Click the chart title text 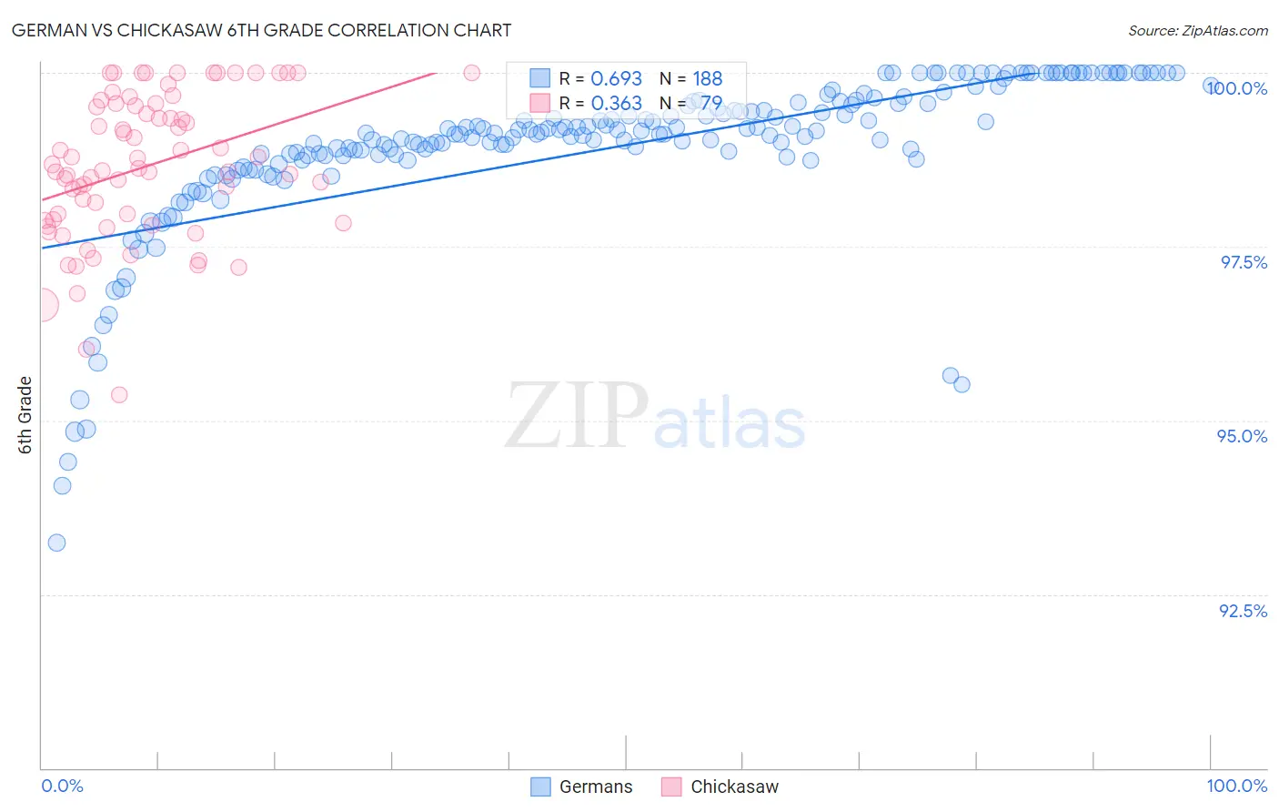[260, 30]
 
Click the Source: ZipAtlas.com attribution [1197, 30]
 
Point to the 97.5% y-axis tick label [1244, 262]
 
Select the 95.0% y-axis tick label [1243, 436]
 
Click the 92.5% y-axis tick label [1243, 611]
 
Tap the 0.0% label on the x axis [62, 786]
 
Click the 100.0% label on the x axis [1236, 786]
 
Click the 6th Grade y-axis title [25, 414]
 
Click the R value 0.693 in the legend [616, 78]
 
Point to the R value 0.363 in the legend [616, 103]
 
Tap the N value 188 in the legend [707, 78]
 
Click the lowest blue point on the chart [56, 543]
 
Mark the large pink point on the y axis [42, 305]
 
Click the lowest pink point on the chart [119, 395]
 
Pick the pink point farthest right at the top [471, 73]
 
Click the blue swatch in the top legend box [540, 78]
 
